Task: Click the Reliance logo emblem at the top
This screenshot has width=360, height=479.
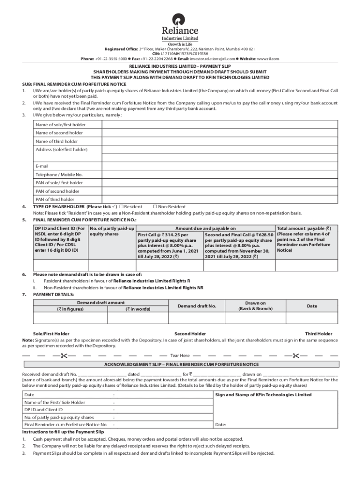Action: point(179,19)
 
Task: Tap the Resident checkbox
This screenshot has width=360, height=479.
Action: point(121,207)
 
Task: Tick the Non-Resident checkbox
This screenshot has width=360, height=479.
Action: point(155,207)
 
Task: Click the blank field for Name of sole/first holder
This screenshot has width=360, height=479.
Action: point(220,124)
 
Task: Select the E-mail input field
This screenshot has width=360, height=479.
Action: point(220,166)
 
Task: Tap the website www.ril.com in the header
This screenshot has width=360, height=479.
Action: point(268,59)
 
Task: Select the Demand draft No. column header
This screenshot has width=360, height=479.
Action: point(197,306)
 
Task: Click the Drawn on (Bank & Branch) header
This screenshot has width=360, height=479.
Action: point(255,306)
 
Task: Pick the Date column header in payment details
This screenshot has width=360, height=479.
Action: point(312,306)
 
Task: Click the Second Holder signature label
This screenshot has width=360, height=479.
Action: point(190,334)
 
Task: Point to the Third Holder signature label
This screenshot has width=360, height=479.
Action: point(318,334)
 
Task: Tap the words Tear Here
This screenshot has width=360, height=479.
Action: point(180,356)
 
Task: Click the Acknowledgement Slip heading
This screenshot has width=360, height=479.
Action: point(181,364)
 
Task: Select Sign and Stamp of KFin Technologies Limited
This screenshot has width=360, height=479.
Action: point(263,395)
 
